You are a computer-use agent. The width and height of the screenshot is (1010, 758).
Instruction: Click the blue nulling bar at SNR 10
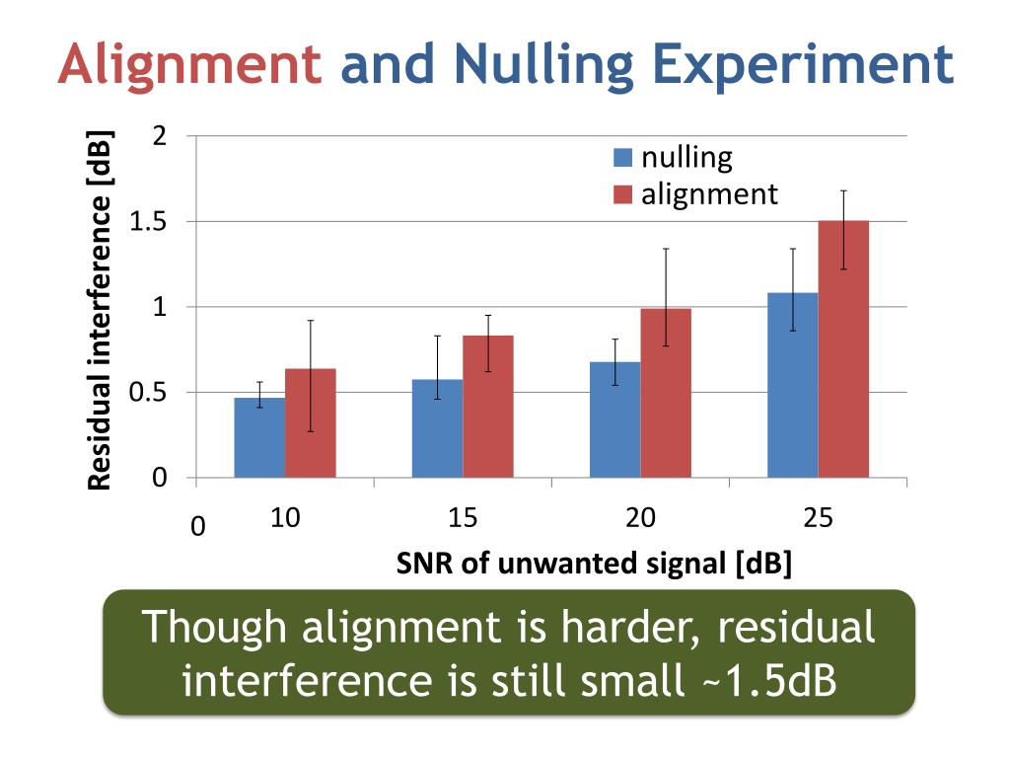259,439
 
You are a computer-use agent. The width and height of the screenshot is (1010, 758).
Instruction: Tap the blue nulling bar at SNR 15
437,429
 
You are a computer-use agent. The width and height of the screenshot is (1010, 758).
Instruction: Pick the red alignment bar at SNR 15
488,408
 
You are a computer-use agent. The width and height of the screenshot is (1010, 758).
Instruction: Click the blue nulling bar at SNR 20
614,420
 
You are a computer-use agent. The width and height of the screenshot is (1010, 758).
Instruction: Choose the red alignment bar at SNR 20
666,395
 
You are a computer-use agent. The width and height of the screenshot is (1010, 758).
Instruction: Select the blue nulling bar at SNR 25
792,386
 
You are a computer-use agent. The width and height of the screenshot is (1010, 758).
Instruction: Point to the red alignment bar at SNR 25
843,350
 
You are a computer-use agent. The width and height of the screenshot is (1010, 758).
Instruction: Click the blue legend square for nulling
622,158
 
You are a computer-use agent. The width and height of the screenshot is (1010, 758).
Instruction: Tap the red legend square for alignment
622,194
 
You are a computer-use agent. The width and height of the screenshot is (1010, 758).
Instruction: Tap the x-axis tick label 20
640,517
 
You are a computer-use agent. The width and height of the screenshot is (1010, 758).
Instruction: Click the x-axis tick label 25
818,517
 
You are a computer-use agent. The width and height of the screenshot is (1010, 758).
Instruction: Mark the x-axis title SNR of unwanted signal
595,565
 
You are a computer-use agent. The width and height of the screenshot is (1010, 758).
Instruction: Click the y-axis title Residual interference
99,311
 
